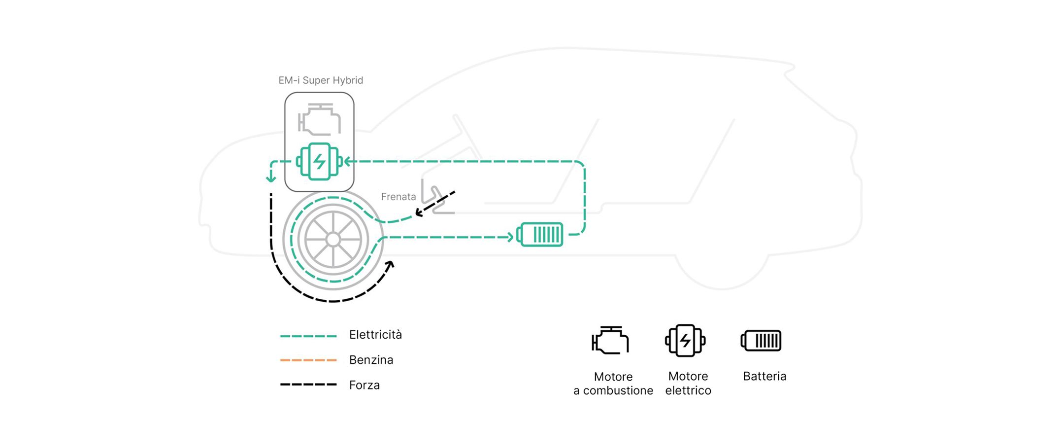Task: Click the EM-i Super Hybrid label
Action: click(x=321, y=80)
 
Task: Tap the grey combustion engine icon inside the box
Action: click(x=319, y=119)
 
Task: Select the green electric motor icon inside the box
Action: click(x=319, y=161)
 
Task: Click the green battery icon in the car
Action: click(x=540, y=235)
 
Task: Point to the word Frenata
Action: click(x=398, y=197)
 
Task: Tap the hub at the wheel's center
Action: click(x=333, y=240)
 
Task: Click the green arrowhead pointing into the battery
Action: click(x=510, y=237)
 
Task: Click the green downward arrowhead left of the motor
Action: click(x=270, y=177)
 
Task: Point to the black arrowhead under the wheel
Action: click(x=390, y=266)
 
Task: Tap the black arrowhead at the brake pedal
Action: click(x=419, y=212)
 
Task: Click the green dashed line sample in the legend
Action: click(x=308, y=336)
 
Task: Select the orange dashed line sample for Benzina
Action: click(x=308, y=360)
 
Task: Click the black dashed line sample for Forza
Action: click(x=308, y=385)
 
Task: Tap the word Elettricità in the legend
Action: click(x=375, y=335)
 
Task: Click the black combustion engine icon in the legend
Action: click(x=610, y=340)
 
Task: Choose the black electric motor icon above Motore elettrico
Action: click(x=685, y=340)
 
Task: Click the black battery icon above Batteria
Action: click(x=761, y=340)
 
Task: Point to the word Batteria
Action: click(x=764, y=376)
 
